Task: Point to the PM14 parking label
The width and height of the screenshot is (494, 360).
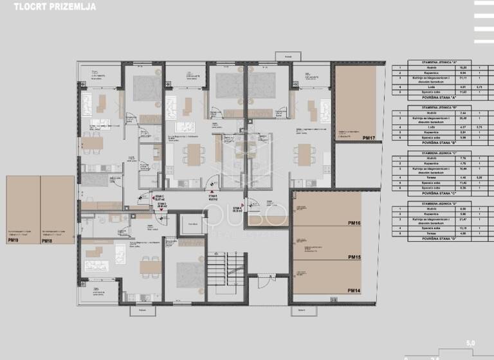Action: coord(354,291)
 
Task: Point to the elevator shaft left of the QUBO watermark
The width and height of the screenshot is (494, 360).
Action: coord(192,224)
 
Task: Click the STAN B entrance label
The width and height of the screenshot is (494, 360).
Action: coord(212,196)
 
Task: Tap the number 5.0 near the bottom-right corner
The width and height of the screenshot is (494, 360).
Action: coord(470,344)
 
